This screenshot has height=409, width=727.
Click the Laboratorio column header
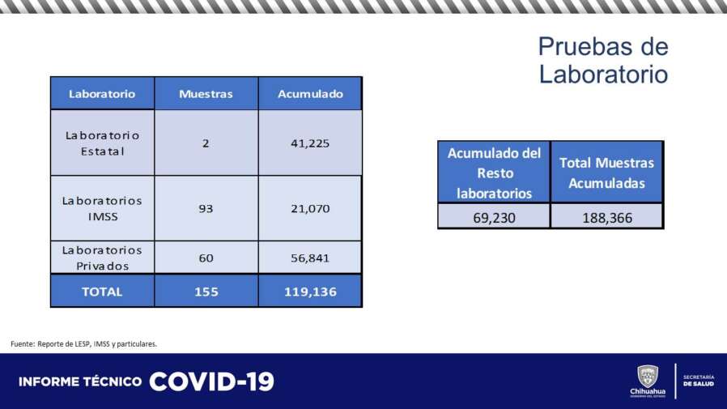click(102, 94)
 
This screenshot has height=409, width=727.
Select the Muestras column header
click(206, 94)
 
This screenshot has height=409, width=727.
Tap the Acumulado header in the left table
click(310, 94)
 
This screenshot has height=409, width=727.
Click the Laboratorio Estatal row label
click(103, 143)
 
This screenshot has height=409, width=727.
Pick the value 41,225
click(310, 143)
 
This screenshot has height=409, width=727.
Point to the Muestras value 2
click(206, 143)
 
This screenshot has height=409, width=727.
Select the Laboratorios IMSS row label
click(102, 209)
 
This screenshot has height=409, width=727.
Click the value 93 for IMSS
click(206, 209)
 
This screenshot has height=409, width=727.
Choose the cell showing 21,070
click(310, 209)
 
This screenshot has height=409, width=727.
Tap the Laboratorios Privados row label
click(102, 258)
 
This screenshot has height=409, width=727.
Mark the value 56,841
click(310, 258)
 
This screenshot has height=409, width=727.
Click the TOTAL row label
click(102, 292)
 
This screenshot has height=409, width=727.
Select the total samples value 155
click(206, 292)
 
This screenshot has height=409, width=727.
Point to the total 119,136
click(310, 292)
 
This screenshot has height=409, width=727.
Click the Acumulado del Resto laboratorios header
click(495, 173)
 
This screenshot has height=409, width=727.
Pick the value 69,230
click(495, 218)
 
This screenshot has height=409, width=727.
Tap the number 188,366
click(607, 218)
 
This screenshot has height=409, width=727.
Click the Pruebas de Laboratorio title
click(603, 60)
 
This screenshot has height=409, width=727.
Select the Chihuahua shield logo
click(648, 376)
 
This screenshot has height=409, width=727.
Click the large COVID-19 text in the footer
click(212, 381)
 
